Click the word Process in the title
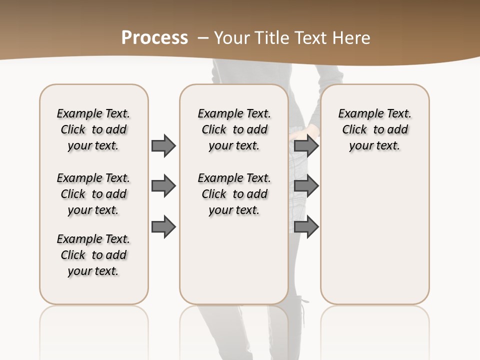pos(154,37)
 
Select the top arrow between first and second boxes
pos(163,145)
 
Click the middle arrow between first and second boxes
pos(163,186)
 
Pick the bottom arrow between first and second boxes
pos(163,227)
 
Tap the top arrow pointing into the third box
pos(306,145)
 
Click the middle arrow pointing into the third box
pos(306,186)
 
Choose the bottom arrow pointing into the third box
pos(306,227)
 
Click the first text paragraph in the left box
pos(93,129)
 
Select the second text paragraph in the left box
pos(93,194)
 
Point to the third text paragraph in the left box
pos(93,255)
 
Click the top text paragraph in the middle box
pos(234,129)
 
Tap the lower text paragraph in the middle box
pos(234,194)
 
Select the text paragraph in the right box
pos(374,129)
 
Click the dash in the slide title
pos(203,37)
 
